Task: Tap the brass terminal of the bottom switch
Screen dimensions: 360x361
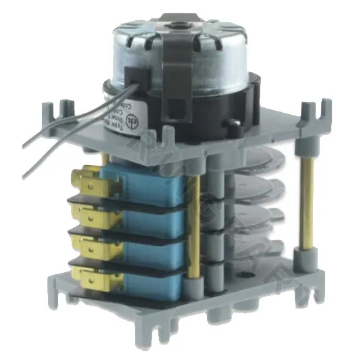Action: [89, 275]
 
